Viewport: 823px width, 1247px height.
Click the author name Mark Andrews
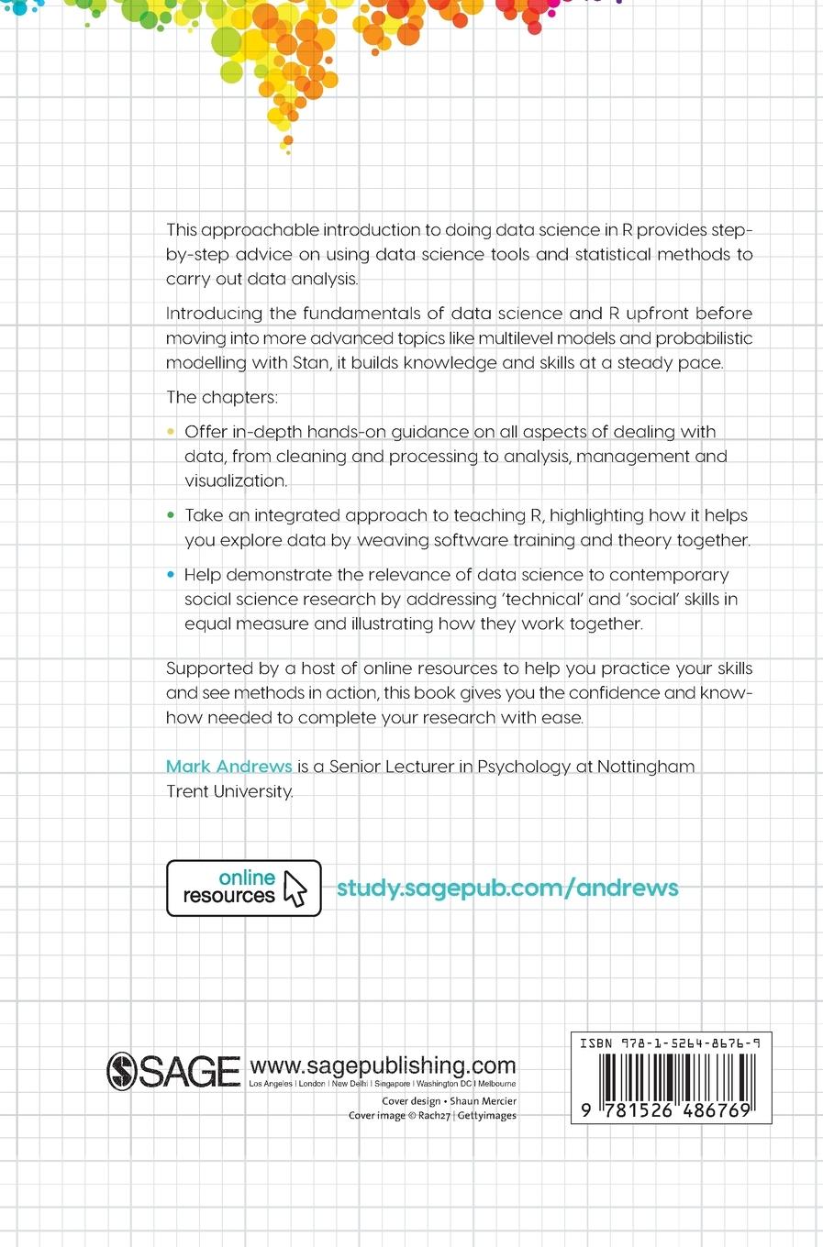[x=228, y=767]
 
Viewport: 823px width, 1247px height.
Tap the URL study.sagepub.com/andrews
[x=507, y=888]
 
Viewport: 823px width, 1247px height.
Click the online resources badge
[x=243, y=888]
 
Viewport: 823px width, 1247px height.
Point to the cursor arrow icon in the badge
[x=295, y=888]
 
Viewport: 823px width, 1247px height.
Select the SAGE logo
[x=173, y=1071]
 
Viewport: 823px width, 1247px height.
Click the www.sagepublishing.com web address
[x=383, y=1065]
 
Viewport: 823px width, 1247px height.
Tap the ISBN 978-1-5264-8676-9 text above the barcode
[x=670, y=1043]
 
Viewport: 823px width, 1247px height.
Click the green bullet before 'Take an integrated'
[x=172, y=515]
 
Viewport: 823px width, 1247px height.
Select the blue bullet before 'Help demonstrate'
[x=172, y=575]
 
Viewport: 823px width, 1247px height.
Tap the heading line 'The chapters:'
[x=221, y=397]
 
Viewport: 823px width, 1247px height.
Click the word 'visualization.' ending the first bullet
[x=236, y=480]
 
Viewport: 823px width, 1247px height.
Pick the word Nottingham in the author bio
[x=646, y=767]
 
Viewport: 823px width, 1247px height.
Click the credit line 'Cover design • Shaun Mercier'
[x=449, y=1101]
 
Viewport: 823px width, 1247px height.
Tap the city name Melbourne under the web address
[x=496, y=1084]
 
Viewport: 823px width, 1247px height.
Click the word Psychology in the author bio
[x=523, y=767]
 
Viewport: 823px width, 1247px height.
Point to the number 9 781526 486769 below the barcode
[x=667, y=1110]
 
